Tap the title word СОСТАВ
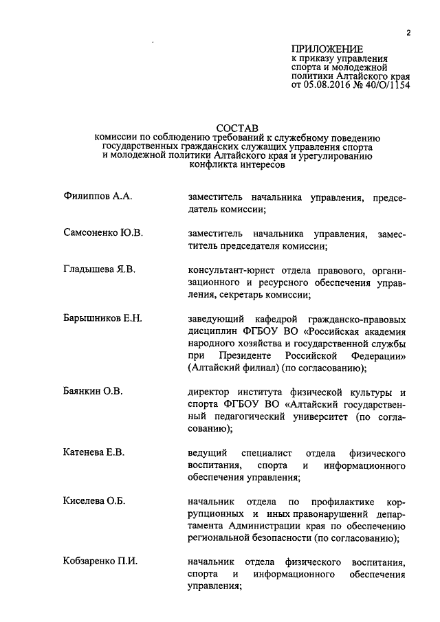pyautogui.click(x=237, y=127)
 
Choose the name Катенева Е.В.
pyautogui.click(x=91, y=453)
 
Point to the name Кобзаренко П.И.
pyautogui.click(x=97, y=562)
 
